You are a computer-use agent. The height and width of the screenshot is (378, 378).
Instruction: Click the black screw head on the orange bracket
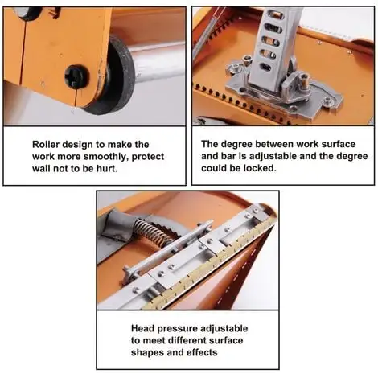click(76, 76)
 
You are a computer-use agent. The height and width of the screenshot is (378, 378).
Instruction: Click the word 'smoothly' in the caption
click(105, 157)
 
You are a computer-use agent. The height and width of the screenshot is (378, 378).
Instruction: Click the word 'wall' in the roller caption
click(42, 169)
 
